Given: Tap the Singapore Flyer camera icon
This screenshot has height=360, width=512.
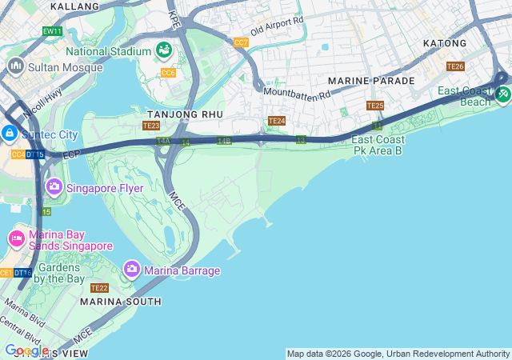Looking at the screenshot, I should click(54, 188).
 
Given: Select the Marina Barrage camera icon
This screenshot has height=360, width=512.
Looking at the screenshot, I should click(132, 270).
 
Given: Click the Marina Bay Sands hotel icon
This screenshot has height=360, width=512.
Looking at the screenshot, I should click(16, 238).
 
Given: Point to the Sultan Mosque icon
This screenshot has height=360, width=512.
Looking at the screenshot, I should click(14, 66).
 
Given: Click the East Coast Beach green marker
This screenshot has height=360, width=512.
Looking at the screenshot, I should click(502, 95).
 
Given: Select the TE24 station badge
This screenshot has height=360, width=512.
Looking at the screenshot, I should click(276, 121).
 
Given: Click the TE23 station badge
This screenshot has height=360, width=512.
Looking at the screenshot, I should click(151, 126).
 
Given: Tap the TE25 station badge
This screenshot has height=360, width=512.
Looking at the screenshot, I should click(375, 106).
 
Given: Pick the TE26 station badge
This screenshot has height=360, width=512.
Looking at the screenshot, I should click(455, 66).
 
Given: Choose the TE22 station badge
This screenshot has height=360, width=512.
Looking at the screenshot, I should click(99, 288).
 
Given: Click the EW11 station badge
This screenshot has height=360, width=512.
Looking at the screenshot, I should click(53, 31).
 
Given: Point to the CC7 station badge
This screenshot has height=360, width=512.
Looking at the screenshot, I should click(241, 42).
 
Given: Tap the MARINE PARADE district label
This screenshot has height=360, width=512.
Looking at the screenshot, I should click(371, 81).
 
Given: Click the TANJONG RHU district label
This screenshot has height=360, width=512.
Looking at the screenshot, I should click(185, 114).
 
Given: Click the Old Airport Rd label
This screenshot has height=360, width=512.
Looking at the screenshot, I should click(278, 30).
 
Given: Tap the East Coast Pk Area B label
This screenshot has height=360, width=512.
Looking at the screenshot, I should click(378, 145).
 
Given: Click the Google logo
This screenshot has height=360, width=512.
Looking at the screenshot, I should click(26, 350).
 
